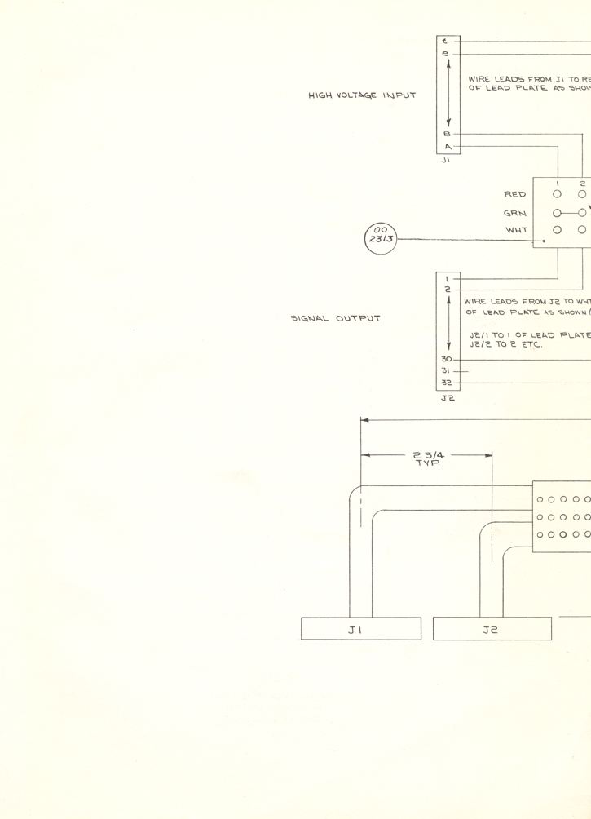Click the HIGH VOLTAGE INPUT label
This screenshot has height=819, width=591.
tap(362, 95)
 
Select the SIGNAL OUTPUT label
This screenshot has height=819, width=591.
tap(335, 318)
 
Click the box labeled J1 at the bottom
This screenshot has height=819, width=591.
tap(361, 629)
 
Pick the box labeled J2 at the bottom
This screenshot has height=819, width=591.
tap(492, 629)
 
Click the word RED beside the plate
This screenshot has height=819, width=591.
tap(515, 195)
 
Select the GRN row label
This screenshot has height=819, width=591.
tap(515, 213)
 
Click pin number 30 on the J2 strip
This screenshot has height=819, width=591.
tap(447, 359)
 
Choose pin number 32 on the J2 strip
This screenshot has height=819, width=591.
tap(447, 382)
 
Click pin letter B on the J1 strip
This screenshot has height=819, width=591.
tap(447, 133)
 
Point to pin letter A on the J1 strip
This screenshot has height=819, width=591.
tap(447, 147)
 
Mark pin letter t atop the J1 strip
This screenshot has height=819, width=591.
tap(445, 41)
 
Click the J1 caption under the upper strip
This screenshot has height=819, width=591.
tap(446, 161)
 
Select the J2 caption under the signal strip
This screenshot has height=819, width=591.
tap(447, 398)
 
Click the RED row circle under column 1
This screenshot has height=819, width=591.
tap(558, 195)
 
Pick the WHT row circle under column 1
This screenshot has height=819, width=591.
tap(558, 230)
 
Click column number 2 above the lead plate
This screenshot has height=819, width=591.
tap(582, 184)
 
